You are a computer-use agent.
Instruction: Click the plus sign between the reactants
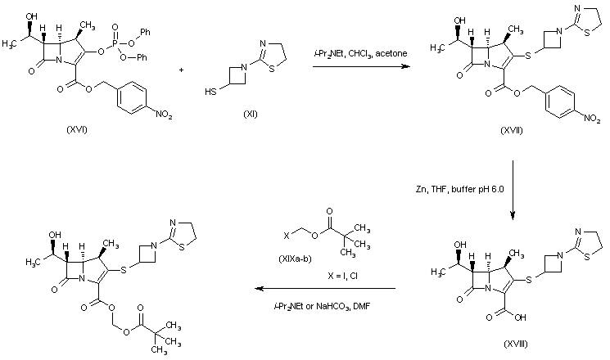click(x=180, y=70)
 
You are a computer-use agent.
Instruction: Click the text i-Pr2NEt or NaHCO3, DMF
click(x=319, y=304)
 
